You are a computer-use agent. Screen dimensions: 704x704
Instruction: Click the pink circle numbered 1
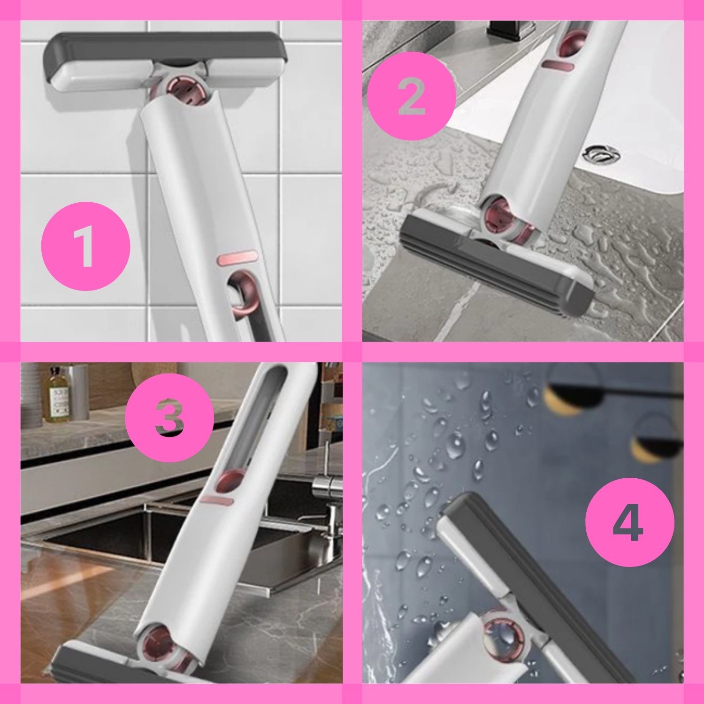(85, 246)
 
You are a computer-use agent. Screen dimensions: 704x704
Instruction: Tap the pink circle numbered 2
(411, 96)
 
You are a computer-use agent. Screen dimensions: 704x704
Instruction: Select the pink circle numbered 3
(169, 417)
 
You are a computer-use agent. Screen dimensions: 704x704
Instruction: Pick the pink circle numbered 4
(630, 522)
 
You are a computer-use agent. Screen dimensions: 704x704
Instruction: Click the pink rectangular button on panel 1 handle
(237, 258)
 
